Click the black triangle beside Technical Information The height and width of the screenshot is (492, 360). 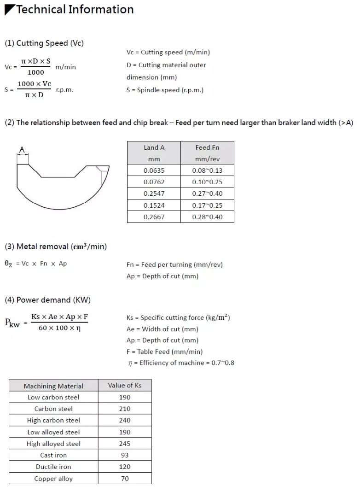tap(9, 10)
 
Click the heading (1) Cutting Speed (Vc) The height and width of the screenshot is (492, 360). tap(44, 43)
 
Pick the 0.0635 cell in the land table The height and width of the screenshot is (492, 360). tap(154, 170)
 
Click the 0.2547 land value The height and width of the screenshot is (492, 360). tap(154, 193)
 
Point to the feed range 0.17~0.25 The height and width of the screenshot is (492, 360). tap(207, 205)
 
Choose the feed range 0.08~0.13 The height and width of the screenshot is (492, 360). tap(207, 170)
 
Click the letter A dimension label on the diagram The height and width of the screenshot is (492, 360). tap(22, 149)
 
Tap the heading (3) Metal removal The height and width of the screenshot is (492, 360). tap(56, 246)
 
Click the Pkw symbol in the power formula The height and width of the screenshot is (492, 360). tap(12, 323)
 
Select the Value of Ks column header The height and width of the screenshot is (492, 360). tap(125, 385)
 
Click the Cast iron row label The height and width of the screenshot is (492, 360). tap(53, 455)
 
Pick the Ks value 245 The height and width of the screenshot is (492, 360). tap(125, 444)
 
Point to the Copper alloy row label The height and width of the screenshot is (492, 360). tap(53, 479)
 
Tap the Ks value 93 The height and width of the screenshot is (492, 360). tap(125, 455)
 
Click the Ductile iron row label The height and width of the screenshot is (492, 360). tap(53, 467)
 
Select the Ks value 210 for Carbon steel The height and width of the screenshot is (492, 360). tap(125, 409)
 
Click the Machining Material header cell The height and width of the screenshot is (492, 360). tap(53, 386)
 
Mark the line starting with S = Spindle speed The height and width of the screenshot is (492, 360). tap(165, 90)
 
